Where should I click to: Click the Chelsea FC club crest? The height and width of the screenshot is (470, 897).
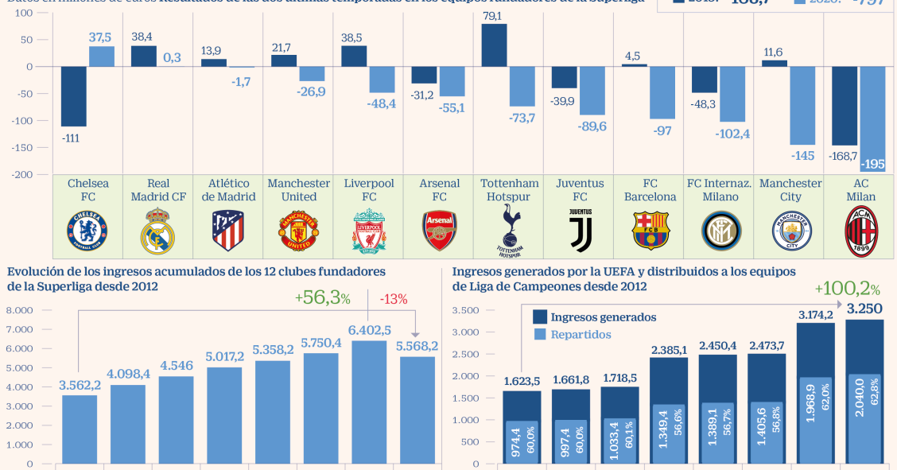(88, 228)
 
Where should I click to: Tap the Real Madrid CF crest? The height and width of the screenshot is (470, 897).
(158, 231)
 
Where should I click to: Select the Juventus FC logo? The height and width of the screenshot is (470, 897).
(580, 230)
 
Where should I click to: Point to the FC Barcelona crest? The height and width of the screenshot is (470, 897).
(650, 230)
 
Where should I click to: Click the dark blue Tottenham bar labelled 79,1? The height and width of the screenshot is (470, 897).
(495, 45)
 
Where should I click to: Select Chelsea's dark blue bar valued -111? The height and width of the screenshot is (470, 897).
(74, 96)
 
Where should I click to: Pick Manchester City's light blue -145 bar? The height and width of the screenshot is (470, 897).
(802, 105)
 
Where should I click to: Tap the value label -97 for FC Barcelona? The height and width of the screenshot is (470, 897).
(662, 130)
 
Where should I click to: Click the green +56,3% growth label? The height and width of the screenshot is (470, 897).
(322, 297)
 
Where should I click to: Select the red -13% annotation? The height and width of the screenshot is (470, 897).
(394, 300)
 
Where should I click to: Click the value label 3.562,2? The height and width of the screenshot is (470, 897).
(80, 386)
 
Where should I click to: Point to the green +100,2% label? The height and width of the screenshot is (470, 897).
(847, 289)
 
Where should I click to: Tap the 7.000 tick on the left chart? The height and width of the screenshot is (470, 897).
(20, 329)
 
